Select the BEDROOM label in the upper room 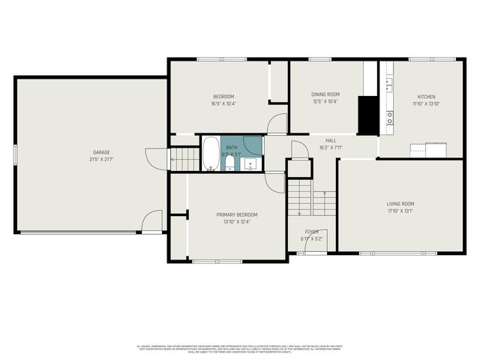point(223,96)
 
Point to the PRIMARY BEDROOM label point(237,214)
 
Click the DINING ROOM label point(325,94)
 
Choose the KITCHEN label point(426,96)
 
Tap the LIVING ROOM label point(400,203)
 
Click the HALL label point(331,141)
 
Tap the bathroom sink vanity point(252,163)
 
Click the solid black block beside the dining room point(367,115)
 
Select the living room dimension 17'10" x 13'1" point(400,211)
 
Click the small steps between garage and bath point(184,158)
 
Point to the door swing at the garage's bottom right point(152,221)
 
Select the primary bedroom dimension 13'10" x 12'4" point(237,222)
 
